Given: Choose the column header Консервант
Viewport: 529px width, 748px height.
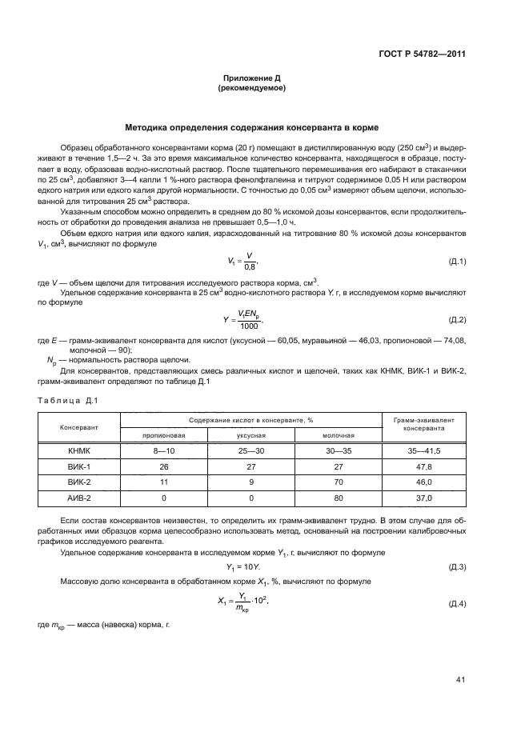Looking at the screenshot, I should click(x=79, y=427).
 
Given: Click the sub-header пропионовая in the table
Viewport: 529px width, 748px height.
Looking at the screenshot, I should click(x=164, y=435).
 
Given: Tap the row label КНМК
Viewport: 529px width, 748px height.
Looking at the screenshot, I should click(x=79, y=451).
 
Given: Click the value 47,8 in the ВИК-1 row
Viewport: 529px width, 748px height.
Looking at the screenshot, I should click(x=424, y=466).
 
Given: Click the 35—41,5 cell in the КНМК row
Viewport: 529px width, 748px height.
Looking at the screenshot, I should click(x=424, y=451).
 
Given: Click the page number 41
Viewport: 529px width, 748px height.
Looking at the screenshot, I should click(x=460, y=680).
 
